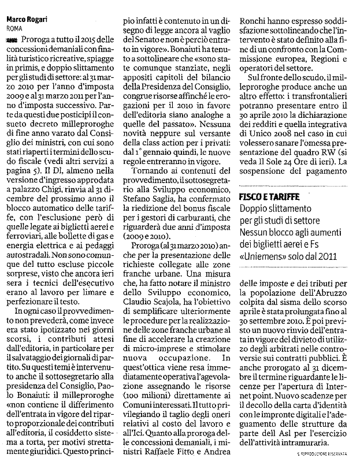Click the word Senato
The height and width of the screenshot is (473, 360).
point(143,40)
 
